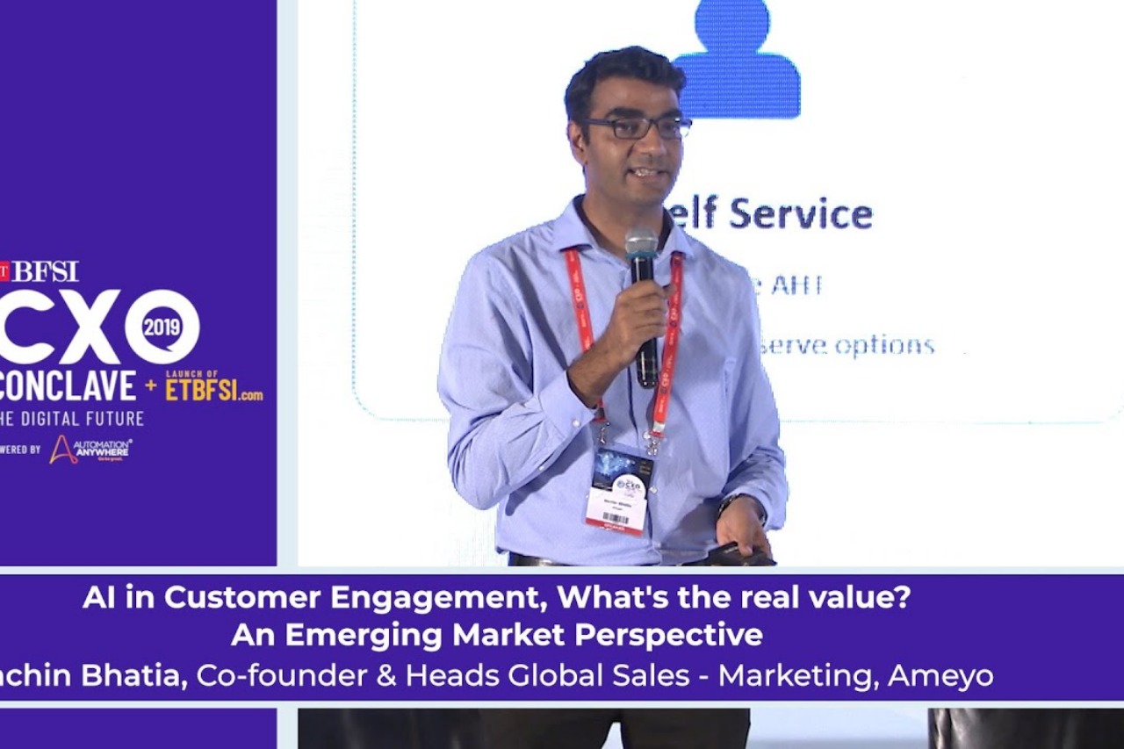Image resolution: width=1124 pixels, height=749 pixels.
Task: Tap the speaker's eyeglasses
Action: pos(639,128)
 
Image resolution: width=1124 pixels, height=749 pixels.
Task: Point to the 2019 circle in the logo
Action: pos(162,327)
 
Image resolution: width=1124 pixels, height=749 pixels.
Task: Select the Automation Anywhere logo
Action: pos(90,449)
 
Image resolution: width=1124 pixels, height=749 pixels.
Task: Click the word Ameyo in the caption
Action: pos(940,676)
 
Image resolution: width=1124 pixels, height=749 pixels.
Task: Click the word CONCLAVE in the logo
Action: pos(68,386)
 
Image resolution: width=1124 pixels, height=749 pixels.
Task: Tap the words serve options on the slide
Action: pos(847,346)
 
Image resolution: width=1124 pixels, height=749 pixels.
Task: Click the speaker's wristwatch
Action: pos(728,502)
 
